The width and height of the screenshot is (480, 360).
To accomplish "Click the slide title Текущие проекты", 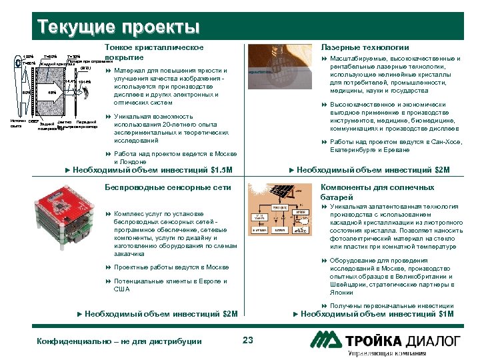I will (119, 27).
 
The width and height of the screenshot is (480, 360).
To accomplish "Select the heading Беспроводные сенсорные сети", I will (168, 187).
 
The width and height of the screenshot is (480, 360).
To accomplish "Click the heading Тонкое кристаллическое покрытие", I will (154, 53).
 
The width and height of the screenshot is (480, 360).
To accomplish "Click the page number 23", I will (248, 341).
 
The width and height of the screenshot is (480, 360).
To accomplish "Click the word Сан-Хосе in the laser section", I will (445, 142).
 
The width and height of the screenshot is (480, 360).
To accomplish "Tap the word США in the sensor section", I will (123, 289).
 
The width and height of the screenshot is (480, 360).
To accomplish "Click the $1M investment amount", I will (445, 313).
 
